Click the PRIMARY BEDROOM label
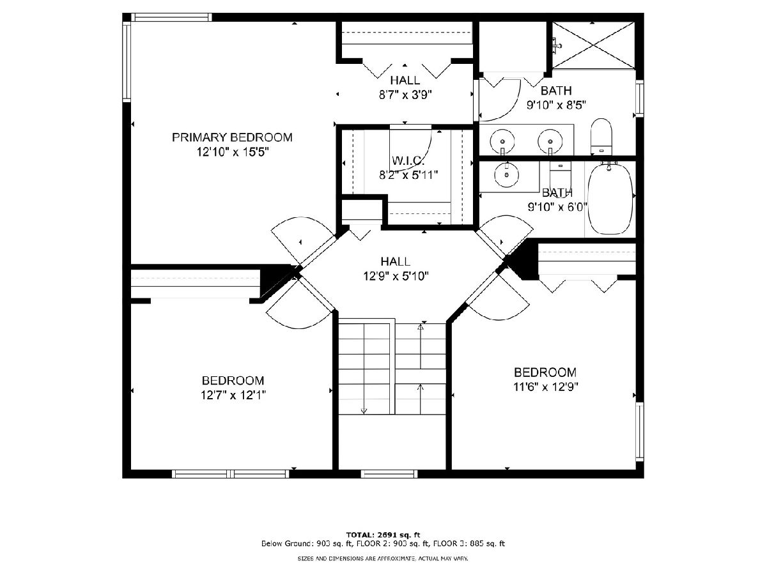(232, 137)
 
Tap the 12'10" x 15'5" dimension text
(233, 152)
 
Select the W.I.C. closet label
(408, 160)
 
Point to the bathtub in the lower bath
(610, 197)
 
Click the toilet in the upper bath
(601, 137)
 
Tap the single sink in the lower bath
(507, 174)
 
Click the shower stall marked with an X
(593, 45)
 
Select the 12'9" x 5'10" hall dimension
(396, 277)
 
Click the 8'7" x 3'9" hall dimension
(405, 95)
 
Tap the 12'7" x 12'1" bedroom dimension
(233, 395)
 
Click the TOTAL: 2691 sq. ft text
(383, 535)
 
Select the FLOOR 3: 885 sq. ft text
(469, 544)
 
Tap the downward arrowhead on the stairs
(364, 411)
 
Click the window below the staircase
(389, 474)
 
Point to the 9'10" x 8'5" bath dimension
(556, 105)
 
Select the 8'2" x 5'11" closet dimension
(408, 175)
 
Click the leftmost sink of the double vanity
(502, 141)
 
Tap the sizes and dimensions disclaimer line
(383, 559)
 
